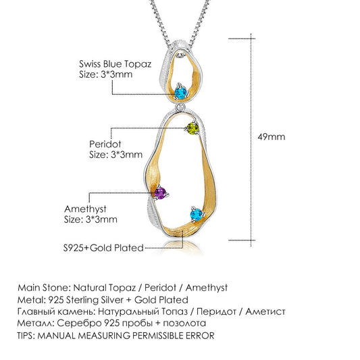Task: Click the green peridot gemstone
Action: pyautogui.click(x=193, y=128)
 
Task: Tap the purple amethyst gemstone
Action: pyautogui.click(x=160, y=193)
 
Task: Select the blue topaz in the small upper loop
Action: pyautogui.click(x=181, y=93)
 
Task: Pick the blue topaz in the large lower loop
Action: pyautogui.click(x=197, y=214)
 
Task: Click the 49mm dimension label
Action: pyautogui.click(x=271, y=137)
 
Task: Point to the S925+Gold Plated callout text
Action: pyautogui.click(x=103, y=248)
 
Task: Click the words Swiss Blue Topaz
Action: pyautogui.click(x=115, y=64)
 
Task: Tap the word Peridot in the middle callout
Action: pyautogui.click(x=105, y=144)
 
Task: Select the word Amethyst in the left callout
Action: pyautogui.click(x=85, y=209)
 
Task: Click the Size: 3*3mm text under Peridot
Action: pyautogui.click(x=115, y=155)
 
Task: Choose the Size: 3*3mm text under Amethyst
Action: pyautogui.click(x=91, y=220)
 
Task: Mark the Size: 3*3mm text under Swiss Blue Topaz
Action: pyautogui.click(x=105, y=74)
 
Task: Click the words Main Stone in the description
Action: pyautogui.click(x=43, y=288)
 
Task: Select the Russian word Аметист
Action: pyautogui.click(x=265, y=312)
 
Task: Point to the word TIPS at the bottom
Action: pyautogui.click(x=26, y=336)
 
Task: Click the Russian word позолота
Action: pyautogui.click(x=184, y=324)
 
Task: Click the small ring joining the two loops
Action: pyautogui.click(x=180, y=107)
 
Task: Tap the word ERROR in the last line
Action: pyautogui.click(x=200, y=336)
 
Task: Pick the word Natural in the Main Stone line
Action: pyautogui.click(x=91, y=288)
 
